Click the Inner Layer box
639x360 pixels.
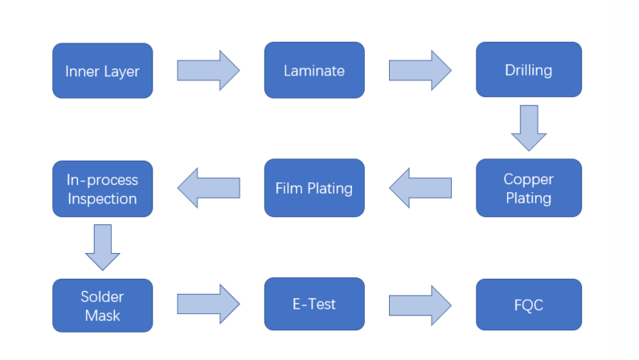[x=102, y=71]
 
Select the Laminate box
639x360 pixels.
[x=314, y=71]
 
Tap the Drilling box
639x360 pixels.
[x=528, y=70]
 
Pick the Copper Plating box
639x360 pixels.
[x=528, y=188]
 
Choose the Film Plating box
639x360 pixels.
[x=314, y=188]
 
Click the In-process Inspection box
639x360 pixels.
[x=102, y=188]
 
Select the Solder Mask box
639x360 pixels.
[x=102, y=305]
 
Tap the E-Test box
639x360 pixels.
[x=314, y=305]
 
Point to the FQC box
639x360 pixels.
[x=528, y=305]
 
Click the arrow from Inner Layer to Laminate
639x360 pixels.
[x=208, y=71]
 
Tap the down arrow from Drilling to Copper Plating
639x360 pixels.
[x=529, y=128]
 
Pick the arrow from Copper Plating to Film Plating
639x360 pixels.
[x=420, y=188]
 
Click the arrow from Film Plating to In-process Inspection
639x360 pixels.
[x=208, y=188]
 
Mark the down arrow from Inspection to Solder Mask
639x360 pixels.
[x=102, y=247]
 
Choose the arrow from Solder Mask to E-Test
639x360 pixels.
[x=208, y=305]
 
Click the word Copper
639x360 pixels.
[x=528, y=178]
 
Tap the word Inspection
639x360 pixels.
[x=102, y=198]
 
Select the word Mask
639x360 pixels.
[x=102, y=315]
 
